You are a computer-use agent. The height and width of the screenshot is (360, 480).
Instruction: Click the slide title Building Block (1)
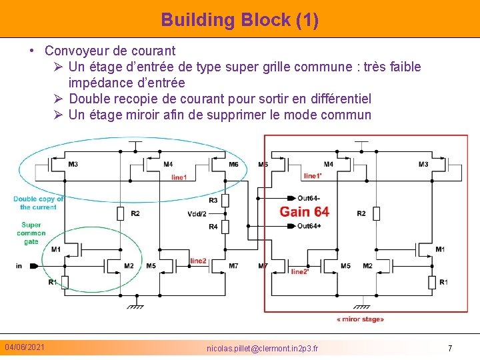click(x=240, y=19)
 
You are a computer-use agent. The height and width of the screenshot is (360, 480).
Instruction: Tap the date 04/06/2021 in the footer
click(x=25, y=347)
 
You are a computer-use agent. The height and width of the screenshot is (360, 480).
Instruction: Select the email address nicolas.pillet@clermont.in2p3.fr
click(x=262, y=349)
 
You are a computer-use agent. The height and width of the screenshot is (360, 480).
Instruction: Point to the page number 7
click(x=450, y=348)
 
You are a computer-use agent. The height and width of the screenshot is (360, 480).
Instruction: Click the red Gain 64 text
click(x=304, y=211)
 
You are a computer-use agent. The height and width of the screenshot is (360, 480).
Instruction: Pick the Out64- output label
click(x=309, y=198)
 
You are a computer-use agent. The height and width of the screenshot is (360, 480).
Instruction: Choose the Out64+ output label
click(x=309, y=226)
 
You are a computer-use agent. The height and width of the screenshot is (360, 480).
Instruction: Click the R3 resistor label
click(x=213, y=200)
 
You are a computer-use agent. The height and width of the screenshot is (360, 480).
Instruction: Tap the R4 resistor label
click(x=213, y=227)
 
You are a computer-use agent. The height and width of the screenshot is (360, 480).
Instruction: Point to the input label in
click(x=19, y=266)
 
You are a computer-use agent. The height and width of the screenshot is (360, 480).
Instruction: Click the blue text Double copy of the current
click(x=39, y=203)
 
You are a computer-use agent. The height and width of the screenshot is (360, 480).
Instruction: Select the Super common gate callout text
click(x=31, y=233)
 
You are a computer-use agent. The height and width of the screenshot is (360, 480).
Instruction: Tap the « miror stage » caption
click(x=360, y=319)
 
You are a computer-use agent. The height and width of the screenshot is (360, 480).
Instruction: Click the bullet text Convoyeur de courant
click(x=110, y=51)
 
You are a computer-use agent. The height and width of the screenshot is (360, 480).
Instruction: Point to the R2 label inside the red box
click(x=361, y=213)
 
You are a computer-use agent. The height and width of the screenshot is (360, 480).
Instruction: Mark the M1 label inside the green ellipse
click(x=56, y=249)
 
